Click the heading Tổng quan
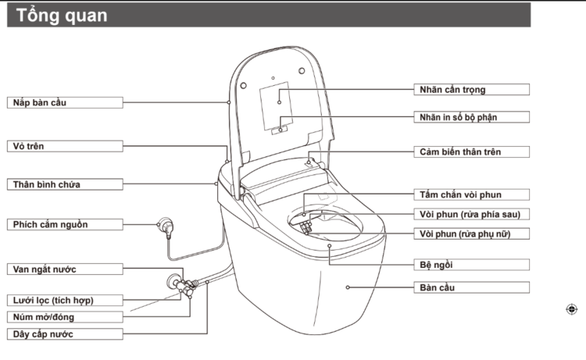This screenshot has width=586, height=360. (62, 16)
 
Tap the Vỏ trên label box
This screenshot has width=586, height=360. (65, 146)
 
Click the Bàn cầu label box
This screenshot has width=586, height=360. (472, 287)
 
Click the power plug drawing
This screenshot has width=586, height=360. (166, 226)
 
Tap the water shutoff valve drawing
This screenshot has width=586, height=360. (181, 283)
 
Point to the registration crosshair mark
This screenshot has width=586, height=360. (571, 309)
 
